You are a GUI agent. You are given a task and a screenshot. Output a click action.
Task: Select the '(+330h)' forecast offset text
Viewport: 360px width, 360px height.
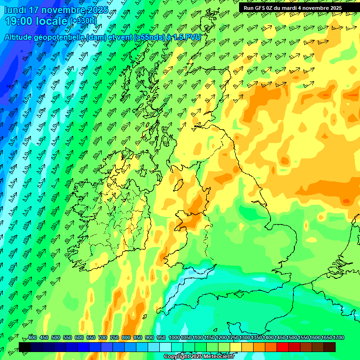pos(83,21)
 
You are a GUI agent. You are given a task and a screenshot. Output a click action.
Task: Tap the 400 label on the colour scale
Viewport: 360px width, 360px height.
pos(32,338)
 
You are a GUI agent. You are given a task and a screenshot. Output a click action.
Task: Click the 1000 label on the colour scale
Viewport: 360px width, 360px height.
pos(174,338)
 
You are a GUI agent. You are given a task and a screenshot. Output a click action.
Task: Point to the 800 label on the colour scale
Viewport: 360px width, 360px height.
pos(126,338)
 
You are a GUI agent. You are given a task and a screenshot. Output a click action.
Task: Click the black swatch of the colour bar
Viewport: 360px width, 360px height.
pos(25,347)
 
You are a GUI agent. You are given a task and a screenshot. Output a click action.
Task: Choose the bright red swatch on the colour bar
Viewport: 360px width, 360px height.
pos(283,347)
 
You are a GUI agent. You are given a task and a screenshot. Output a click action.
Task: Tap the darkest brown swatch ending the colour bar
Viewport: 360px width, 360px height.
pos(330,347)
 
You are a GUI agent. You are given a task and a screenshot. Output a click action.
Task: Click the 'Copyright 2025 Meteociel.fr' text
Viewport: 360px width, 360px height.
pos(199,357)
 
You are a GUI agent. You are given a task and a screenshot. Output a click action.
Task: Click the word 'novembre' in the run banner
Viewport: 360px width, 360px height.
pos(318,8)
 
